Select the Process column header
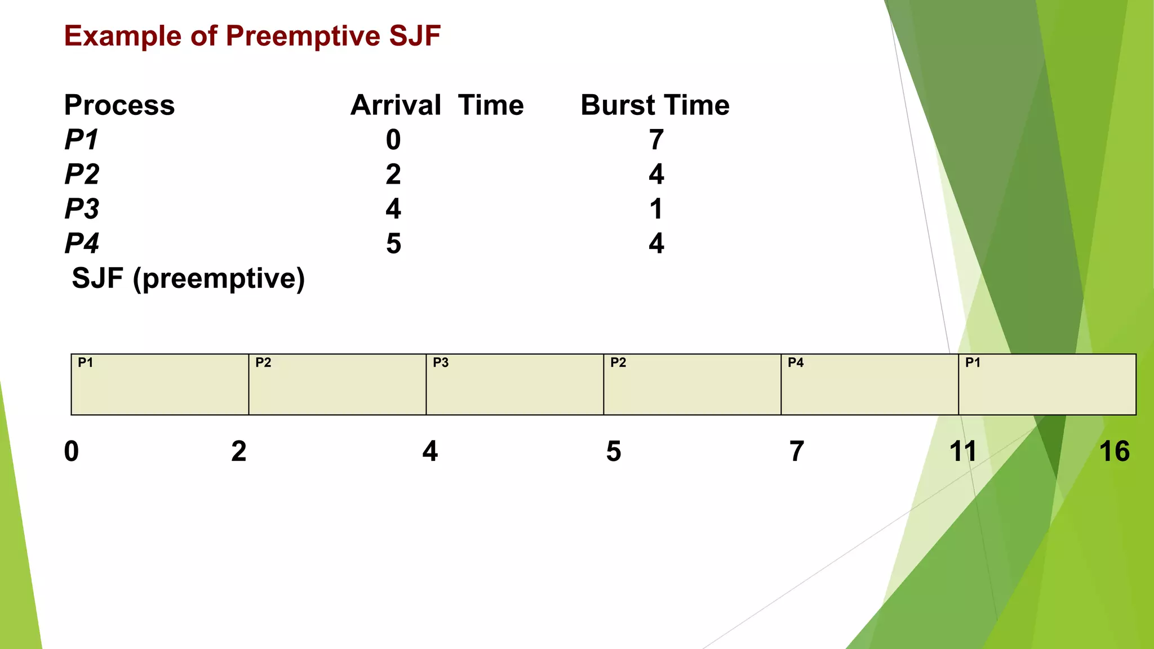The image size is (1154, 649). coord(119,105)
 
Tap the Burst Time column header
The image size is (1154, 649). coord(655,105)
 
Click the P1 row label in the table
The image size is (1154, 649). coord(82,140)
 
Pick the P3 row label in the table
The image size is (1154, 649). coord(82,209)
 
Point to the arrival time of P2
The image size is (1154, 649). coord(393,175)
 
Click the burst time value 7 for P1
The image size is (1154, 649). coord(656,140)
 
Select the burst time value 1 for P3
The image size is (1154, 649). coord(656,209)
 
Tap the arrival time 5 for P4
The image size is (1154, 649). coord(393,244)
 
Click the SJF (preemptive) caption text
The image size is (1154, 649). coord(188,279)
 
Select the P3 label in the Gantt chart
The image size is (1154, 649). coord(441,363)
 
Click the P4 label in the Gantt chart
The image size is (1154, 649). coord(796,363)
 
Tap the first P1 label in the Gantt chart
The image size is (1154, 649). coord(85,363)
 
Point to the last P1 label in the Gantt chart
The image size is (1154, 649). coord(973,363)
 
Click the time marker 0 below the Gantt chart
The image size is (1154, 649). coord(72,452)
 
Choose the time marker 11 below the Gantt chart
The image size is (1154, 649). coord(962,452)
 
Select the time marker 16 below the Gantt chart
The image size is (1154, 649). coord(1115,452)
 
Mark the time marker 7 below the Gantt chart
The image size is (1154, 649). coord(796,452)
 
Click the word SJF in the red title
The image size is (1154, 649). coord(415,36)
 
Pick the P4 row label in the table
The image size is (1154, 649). coord(82,244)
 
